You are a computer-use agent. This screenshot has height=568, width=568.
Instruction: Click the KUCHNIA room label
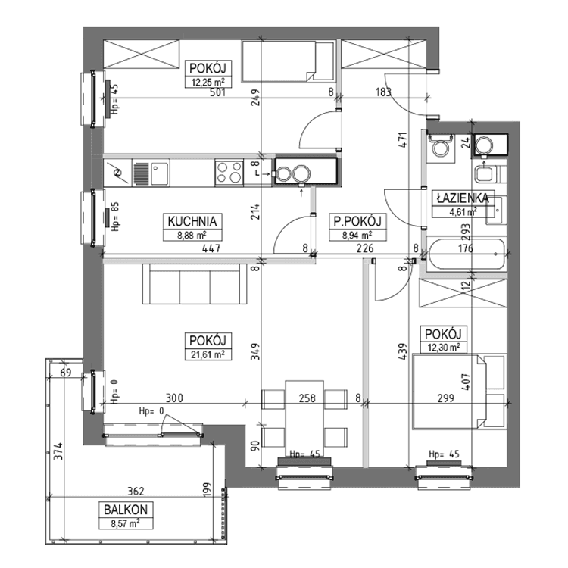tap(194, 221)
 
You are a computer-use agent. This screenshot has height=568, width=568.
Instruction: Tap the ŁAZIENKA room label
tap(460, 198)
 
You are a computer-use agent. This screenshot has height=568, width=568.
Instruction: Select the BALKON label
tap(121, 510)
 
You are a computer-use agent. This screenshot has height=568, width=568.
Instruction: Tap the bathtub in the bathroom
tap(465, 254)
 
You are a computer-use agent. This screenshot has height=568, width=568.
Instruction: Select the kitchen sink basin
tap(158, 173)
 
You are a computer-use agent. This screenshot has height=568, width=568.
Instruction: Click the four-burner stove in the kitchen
tap(229, 172)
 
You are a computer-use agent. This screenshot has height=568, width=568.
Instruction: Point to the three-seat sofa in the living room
tap(195, 283)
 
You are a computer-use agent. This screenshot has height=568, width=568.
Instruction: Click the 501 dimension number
tap(208, 94)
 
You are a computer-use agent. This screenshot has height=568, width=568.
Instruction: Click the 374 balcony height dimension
tap(56, 454)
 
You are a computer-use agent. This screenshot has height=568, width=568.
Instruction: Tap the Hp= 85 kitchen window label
tap(115, 216)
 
